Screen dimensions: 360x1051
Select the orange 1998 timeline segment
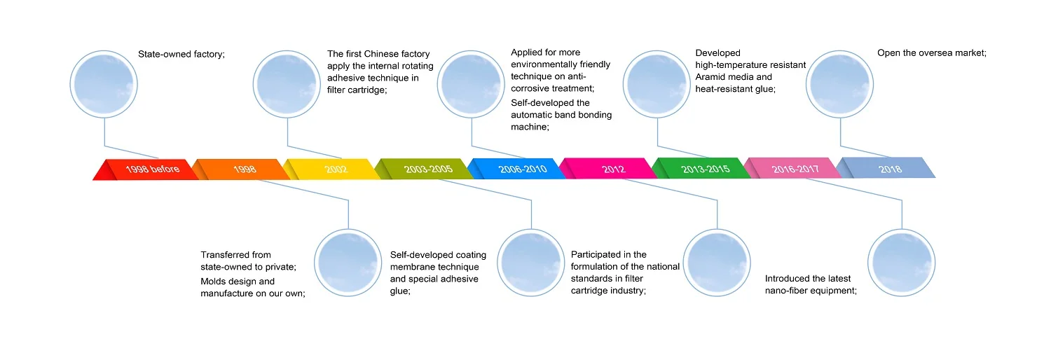pyautogui.click(x=245, y=169)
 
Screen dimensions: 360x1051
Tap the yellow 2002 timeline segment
pyautogui.click(x=336, y=169)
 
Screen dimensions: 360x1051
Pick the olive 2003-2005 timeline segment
pyautogui.click(x=428, y=169)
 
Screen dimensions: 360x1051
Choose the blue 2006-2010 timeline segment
pyautogui.click(x=521, y=169)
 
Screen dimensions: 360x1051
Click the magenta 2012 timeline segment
pyautogui.click(x=612, y=169)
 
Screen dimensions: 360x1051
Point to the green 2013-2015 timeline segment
pyautogui.click(x=704, y=169)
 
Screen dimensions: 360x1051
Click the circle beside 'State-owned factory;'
pyautogui.click(x=104, y=83)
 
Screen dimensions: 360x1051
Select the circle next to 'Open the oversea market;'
pyautogui.click(x=840, y=83)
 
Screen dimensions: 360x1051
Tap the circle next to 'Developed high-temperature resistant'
pyautogui.click(x=657, y=83)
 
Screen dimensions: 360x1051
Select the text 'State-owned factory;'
pyautogui.click(x=181, y=53)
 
